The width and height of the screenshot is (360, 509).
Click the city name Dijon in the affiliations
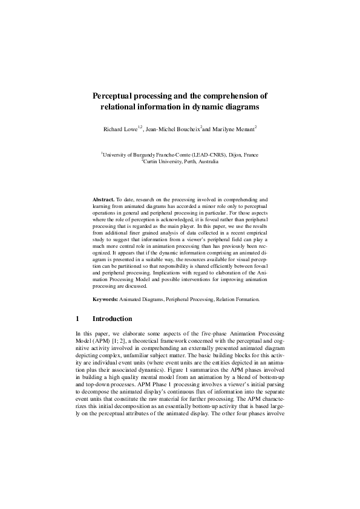pos(233,155)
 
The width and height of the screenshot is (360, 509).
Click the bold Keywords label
pos(105,299)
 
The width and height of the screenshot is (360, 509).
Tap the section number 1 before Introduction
pos(77,319)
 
